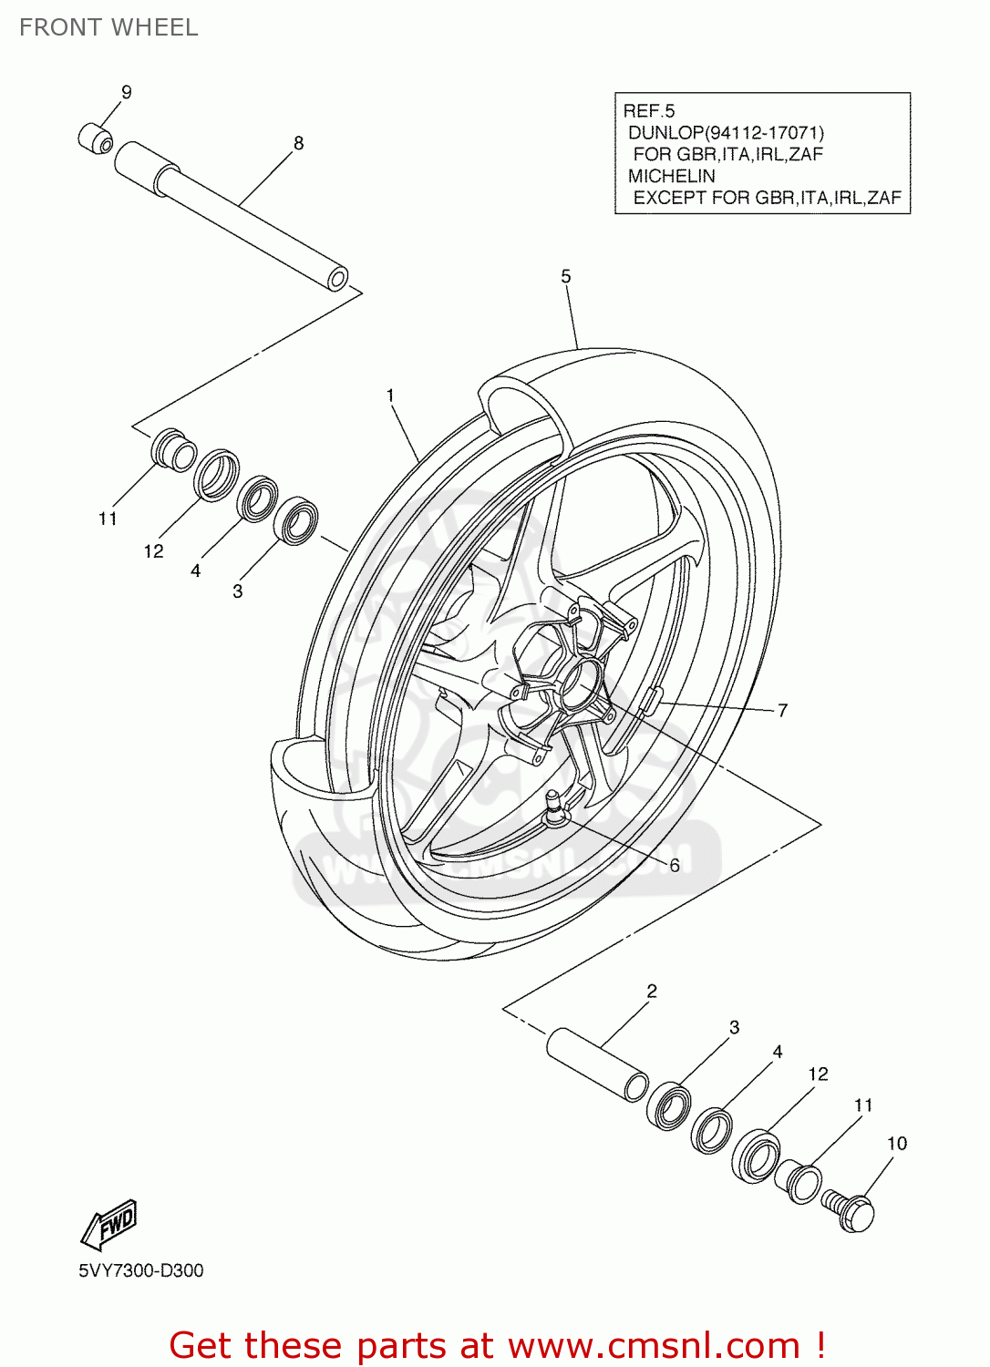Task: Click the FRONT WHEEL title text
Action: point(108,27)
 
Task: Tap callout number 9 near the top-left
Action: point(127,92)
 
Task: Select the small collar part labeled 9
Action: point(96,139)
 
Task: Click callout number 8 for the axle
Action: point(298,143)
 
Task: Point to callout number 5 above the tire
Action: point(566,276)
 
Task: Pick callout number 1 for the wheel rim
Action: point(390,396)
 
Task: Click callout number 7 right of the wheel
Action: point(782,710)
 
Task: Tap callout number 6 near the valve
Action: point(675,865)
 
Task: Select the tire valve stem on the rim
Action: point(553,807)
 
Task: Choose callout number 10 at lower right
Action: point(897,1144)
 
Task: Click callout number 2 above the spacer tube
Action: point(652,991)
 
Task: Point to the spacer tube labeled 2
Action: point(597,1064)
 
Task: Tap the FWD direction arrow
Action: point(109,1225)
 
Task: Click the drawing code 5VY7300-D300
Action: point(141,1270)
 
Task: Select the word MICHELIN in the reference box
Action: point(672,176)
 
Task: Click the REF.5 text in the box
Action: point(649,111)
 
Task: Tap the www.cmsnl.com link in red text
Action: point(654,1346)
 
